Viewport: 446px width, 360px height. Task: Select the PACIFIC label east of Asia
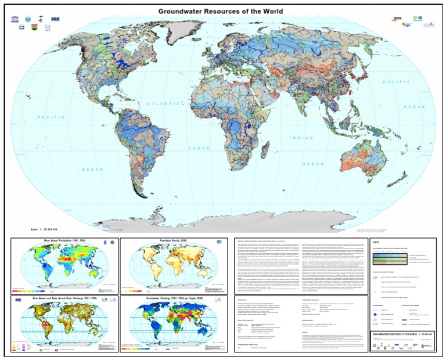click(x=397, y=82)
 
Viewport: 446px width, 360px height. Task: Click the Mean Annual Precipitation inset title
click(x=64, y=240)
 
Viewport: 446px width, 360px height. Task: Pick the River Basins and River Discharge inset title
click(x=64, y=298)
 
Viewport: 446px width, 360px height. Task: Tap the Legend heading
click(x=376, y=242)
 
